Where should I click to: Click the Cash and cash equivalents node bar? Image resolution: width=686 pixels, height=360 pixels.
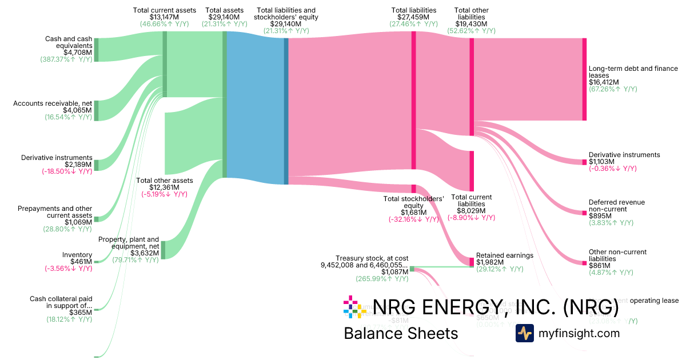pos(96,49)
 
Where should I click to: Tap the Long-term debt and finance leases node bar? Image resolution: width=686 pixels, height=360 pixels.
pos(584,79)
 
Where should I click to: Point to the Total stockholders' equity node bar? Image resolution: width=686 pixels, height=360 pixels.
pos(413,189)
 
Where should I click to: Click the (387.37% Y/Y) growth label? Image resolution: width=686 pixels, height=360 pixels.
pos(66,59)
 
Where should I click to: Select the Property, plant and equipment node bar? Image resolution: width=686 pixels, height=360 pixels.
pos(163,250)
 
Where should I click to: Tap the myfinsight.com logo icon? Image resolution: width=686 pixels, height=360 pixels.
pos(524,333)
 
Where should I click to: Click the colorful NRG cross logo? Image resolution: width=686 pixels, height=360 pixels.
pos(354,307)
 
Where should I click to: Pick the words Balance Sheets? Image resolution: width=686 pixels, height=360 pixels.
pos(401,334)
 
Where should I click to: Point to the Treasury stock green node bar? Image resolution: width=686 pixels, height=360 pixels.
pos(412,268)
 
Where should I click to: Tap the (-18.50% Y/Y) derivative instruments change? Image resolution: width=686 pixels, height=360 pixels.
pos(66,171)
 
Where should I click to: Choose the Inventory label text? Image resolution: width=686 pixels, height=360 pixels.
pos(77,255)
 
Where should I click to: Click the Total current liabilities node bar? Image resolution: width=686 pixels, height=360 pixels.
pos(472,171)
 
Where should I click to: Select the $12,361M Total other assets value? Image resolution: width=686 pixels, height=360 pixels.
pos(164,187)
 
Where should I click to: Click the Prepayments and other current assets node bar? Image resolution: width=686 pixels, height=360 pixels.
pos(96,219)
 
